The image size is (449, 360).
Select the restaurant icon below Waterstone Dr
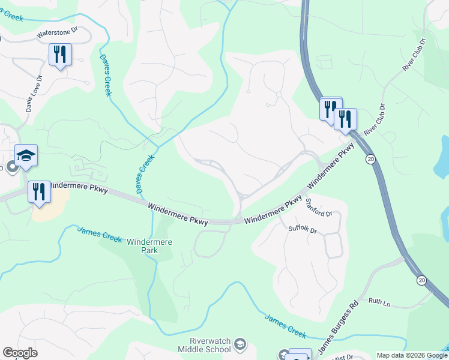point(60,55)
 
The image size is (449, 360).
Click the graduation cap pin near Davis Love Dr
point(26,156)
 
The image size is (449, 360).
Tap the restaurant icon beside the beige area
point(39,193)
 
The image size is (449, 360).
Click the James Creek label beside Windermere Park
point(100,235)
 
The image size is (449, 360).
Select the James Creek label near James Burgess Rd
point(286,325)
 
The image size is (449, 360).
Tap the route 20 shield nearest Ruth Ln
point(421,280)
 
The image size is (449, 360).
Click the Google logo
point(20,353)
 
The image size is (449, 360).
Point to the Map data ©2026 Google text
point(411,355)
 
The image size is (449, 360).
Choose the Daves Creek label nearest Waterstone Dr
point(104,74)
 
